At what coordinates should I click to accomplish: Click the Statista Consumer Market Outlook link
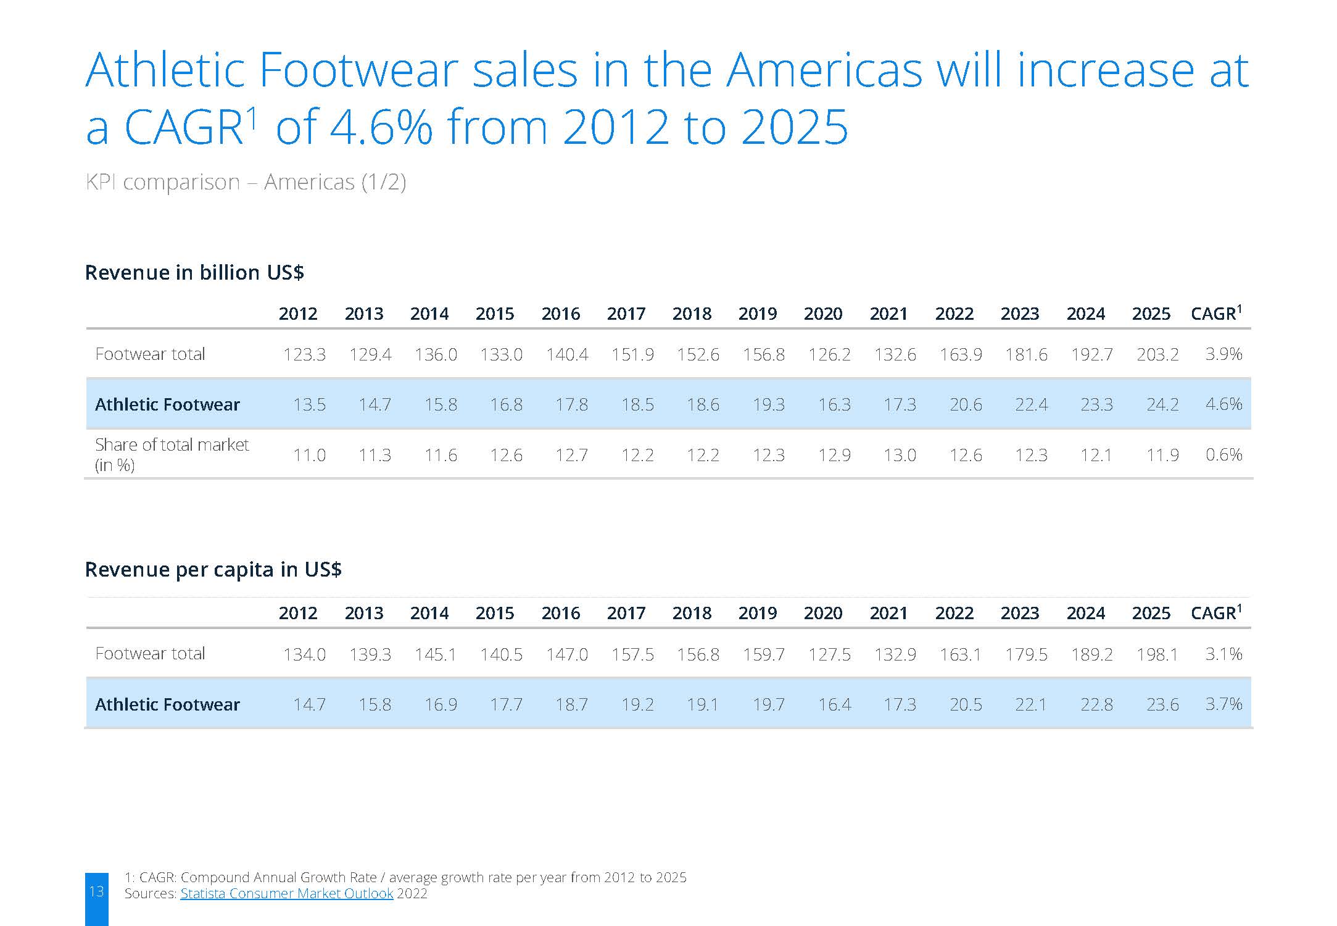[x=286, y=893]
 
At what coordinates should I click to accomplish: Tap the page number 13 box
[x=97, y=899]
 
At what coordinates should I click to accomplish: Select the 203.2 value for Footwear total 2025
[x=1157, y=354]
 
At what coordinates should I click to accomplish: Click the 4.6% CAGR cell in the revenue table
[x=1223, y=404]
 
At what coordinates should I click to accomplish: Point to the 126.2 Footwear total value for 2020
[x=829, y=354]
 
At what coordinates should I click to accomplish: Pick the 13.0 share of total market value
[x=900, y=455]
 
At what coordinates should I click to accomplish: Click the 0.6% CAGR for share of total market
[x=1223, y=455]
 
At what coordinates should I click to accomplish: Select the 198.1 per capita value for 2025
[x=1157, y=654]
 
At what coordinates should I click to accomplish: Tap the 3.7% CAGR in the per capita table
[x=1223, y=704]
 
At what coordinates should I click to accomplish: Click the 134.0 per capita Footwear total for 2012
[x=304, y=654]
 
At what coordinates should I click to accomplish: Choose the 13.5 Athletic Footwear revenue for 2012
[x=309, y=404]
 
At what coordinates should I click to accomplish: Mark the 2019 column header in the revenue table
[x=758, y=314]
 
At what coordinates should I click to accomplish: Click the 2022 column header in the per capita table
[x=954, y=613]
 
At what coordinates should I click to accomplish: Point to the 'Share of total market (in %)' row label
[x=172, y=454]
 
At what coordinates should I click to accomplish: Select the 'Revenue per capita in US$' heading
[x=213, y=569]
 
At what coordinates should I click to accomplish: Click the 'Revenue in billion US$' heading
[x=194, y=272]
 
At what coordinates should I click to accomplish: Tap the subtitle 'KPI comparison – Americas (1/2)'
[x=246, y=182]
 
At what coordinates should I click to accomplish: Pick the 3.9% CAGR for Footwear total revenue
[x=1223, y=354]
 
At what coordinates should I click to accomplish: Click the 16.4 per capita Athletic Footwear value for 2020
[x=834, y=704]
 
